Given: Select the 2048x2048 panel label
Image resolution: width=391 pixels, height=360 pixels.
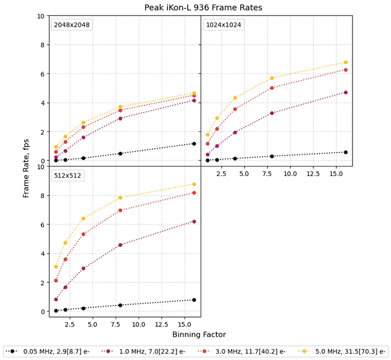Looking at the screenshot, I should tap(72, 25).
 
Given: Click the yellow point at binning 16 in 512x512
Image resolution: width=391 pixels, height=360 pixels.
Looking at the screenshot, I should tap(194, 184).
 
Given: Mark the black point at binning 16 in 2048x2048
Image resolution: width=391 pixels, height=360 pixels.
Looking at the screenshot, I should tap(194, 144).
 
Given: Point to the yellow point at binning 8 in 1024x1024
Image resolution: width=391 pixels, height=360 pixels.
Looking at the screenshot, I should tap(272, 78).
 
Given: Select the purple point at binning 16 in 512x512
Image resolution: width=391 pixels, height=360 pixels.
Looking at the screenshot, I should tap(194, 221).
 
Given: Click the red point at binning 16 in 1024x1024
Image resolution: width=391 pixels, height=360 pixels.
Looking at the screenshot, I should tap(346, 70).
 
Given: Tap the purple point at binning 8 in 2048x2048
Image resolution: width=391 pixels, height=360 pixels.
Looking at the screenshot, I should tap(120, 119).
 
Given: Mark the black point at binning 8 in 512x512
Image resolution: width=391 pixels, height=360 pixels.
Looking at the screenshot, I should tap(120, 305).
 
